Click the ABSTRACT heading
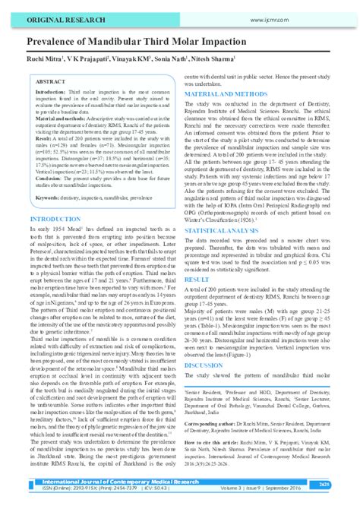[x=52, y=80]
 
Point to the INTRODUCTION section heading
[x=55, y=218]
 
